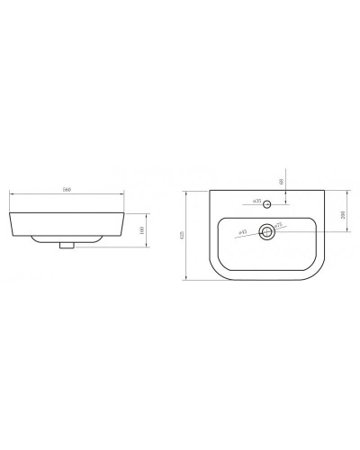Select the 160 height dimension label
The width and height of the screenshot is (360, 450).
click(x=144, y=229)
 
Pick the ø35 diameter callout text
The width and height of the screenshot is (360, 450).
click(x=256, y=202)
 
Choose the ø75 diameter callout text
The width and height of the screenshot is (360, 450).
click(x=278, y=225)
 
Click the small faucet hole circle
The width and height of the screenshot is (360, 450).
click(x=268, y=202)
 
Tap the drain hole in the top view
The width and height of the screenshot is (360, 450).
click(x=267, y=232)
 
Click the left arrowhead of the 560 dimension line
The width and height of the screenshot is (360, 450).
click(x=10, y=194)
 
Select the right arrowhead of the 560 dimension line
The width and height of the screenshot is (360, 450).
click(x=124, y=194)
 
